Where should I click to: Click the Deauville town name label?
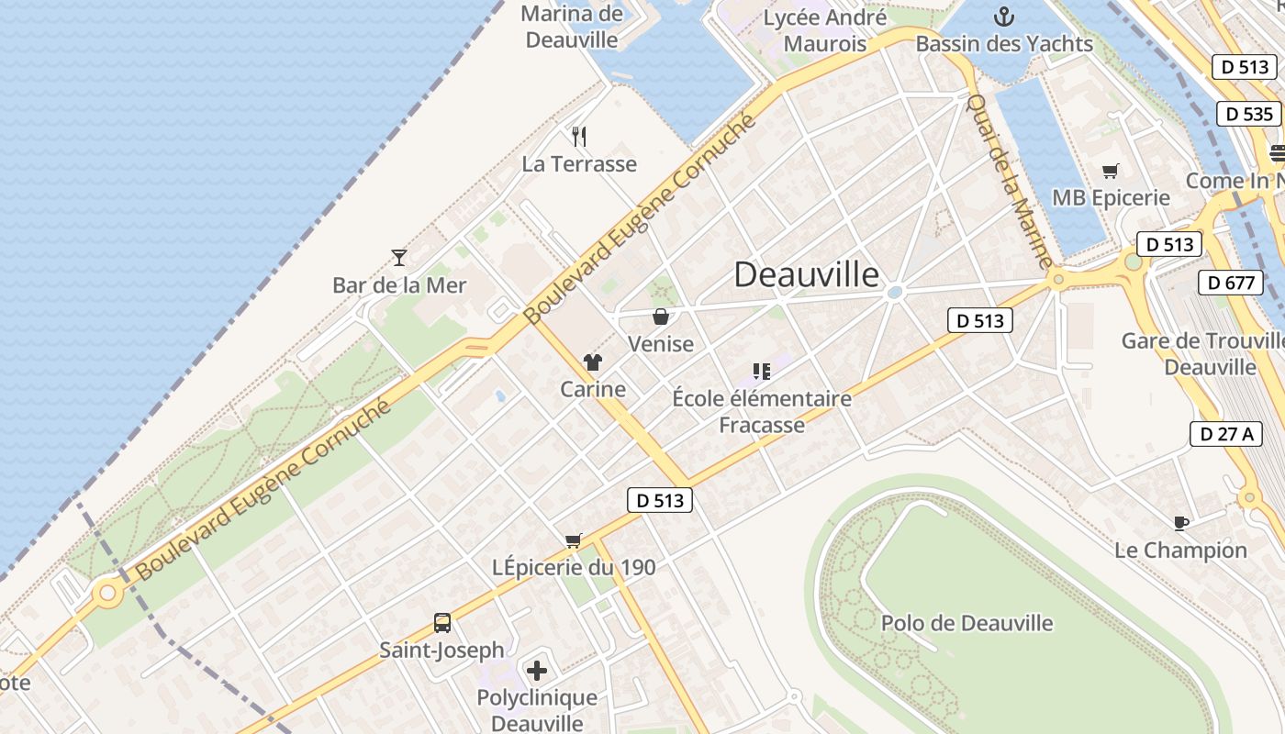pos(806,274)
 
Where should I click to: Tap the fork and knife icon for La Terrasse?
pos(578,137)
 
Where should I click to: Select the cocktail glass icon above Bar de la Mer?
pos(398,257)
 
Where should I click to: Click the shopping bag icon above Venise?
pos(660,317)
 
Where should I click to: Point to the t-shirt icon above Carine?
pos(593,362)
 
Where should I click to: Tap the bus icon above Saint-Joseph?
pos(442,623)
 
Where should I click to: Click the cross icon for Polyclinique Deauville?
pos(537,671)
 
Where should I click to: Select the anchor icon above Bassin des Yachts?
pos(1004,16)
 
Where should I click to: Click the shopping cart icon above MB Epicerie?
pos(1111,171)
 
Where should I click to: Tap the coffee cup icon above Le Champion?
pos(1180,523)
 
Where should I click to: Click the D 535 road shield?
pos(1248,114)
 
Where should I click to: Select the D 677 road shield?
pos(1231,283)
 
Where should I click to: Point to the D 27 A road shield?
pos(1225,434)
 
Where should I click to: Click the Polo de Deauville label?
pos(967,624)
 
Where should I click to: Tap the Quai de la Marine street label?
pos(1009,181)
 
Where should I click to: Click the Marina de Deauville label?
pos(571,27)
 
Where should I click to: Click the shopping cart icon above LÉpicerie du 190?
pos(574,540)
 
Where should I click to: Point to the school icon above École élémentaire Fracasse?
pos(761,372)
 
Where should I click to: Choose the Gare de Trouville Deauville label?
pos(1202,354)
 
